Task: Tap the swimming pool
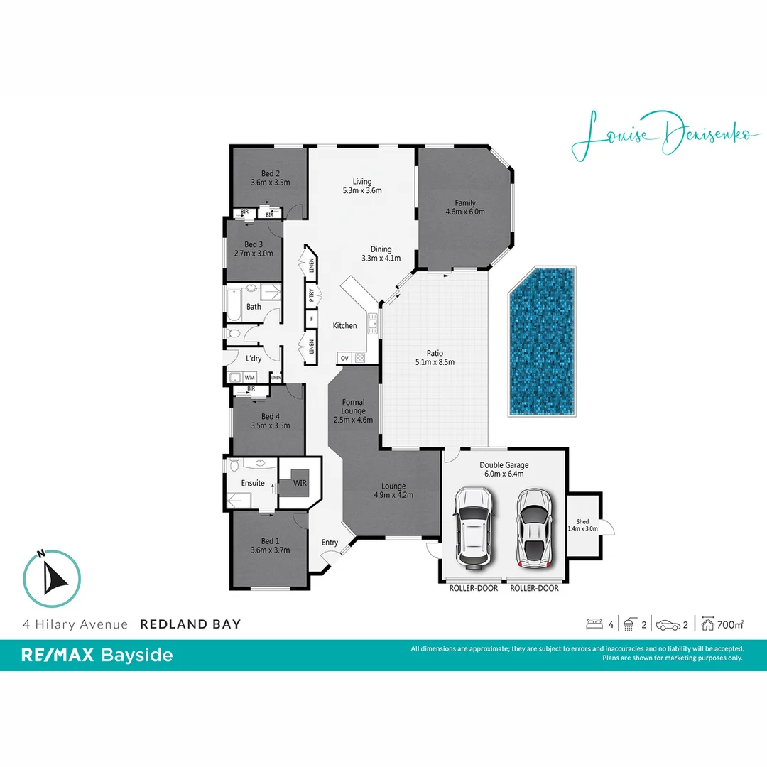pos(543,342)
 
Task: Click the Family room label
pos(465,207)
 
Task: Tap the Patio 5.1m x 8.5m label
pos(435,357)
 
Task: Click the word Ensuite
pos(253,483)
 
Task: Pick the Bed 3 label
pos(254,249)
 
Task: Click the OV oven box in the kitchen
pos(344,358)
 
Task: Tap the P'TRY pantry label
pos(311,295)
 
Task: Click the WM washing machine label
pos(249,378)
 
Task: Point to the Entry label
pos(330,543)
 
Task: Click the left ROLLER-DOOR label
pos(474,588)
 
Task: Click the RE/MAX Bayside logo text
pos(97,655)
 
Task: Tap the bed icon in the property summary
pos(594,625)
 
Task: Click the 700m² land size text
pos(730,625)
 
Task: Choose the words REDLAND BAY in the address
pos(190,624)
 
